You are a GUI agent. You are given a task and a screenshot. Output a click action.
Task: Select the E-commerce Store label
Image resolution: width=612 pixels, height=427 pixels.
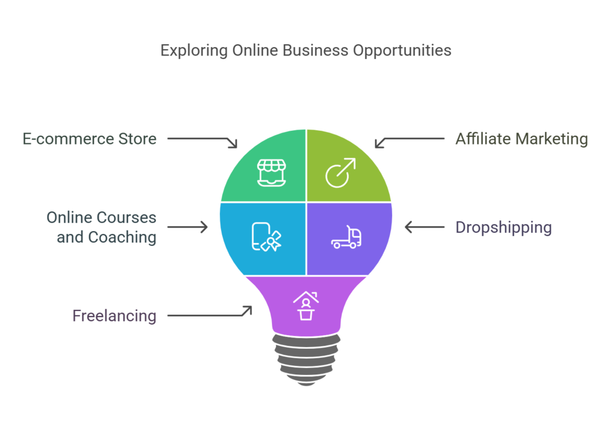coord(89,139)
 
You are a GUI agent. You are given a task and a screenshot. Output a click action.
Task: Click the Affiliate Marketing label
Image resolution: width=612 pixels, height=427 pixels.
coord(521,139)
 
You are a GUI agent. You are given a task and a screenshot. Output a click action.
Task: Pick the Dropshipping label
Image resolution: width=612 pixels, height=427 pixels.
coord(503,228)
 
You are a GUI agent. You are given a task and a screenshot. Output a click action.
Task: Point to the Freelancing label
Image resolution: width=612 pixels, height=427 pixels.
coord(114,315)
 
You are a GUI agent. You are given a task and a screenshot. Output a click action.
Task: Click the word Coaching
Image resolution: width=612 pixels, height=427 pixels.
coord(122,237)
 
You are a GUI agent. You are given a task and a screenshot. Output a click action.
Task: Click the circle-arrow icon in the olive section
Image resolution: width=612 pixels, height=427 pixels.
coord(340,173)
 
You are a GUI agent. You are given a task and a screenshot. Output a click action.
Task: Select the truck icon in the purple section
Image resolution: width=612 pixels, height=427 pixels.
coord(347,237)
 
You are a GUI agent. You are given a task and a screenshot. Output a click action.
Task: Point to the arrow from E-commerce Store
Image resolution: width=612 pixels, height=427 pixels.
coord(203,142)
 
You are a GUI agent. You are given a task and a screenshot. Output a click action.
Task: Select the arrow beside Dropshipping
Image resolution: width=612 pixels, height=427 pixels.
coord(425,227)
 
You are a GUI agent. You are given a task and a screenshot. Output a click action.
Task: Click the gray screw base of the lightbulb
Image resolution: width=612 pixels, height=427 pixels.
coord(305,359)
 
